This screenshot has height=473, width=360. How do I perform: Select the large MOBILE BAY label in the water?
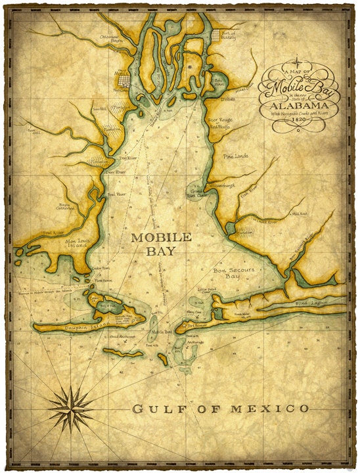pos(161,244)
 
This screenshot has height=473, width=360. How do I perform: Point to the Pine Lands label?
pos(238,158)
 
